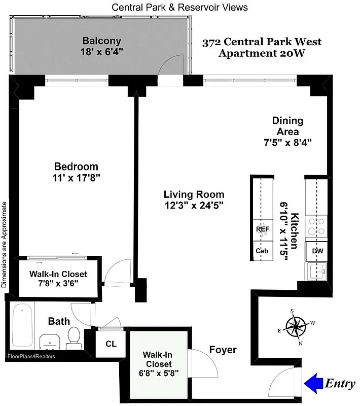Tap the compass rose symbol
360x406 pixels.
295,325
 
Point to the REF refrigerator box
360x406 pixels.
262,229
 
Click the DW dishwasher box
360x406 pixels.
317,251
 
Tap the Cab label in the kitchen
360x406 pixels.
262,251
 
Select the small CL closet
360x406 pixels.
111,344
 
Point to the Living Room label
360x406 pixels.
194,194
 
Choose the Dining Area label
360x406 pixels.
287,126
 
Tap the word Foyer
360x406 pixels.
223,350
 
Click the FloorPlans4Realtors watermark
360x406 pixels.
31,356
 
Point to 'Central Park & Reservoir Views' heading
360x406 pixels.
179,7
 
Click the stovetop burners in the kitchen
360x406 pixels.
317,226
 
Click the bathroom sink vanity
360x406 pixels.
49,342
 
